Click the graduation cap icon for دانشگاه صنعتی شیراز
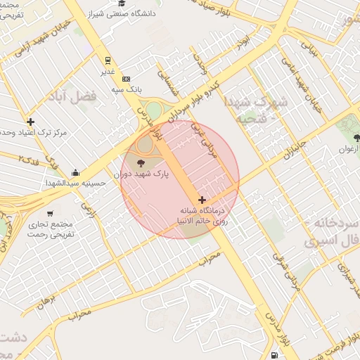tap(122, 4)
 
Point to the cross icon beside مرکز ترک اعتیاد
tap(30, 122)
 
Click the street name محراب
tap(209, 259)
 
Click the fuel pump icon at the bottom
tap(272, 356)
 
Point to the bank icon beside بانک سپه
tap(126, 79)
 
